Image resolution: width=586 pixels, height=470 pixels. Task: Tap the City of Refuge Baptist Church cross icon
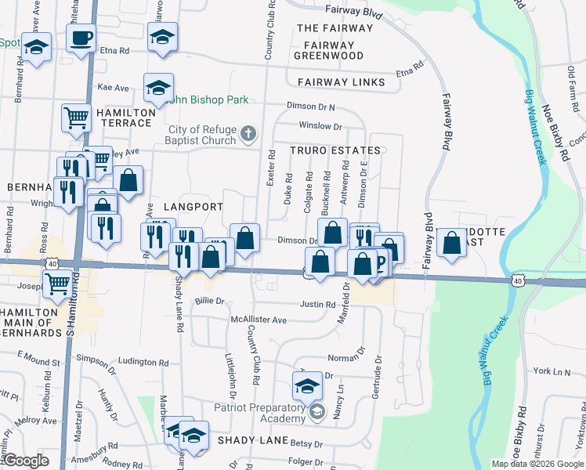[248, 133]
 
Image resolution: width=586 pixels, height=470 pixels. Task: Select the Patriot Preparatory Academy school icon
[317, 412]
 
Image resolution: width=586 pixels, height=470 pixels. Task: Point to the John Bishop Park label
[208, 99]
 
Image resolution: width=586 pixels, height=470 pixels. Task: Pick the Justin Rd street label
[317, 304]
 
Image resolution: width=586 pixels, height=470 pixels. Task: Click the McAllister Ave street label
[259, 320]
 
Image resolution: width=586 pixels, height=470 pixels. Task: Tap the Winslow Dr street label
[320, 126]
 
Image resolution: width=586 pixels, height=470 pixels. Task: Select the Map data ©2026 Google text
[537, 464]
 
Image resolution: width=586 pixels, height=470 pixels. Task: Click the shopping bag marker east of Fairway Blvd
[452, 242]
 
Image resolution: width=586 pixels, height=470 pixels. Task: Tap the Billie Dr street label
[209, 300]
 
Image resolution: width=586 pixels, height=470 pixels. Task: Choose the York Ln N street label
[552, 371]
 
